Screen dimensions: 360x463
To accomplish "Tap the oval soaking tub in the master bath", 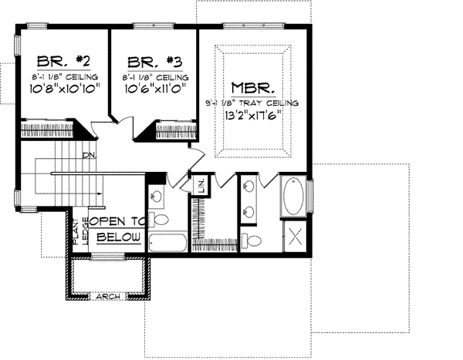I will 294,197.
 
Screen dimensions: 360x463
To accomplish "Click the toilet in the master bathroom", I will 252,237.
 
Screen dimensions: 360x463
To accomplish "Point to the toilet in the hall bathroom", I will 158,218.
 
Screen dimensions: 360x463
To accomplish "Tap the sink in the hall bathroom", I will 156,195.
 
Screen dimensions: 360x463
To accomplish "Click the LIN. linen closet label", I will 201,185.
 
